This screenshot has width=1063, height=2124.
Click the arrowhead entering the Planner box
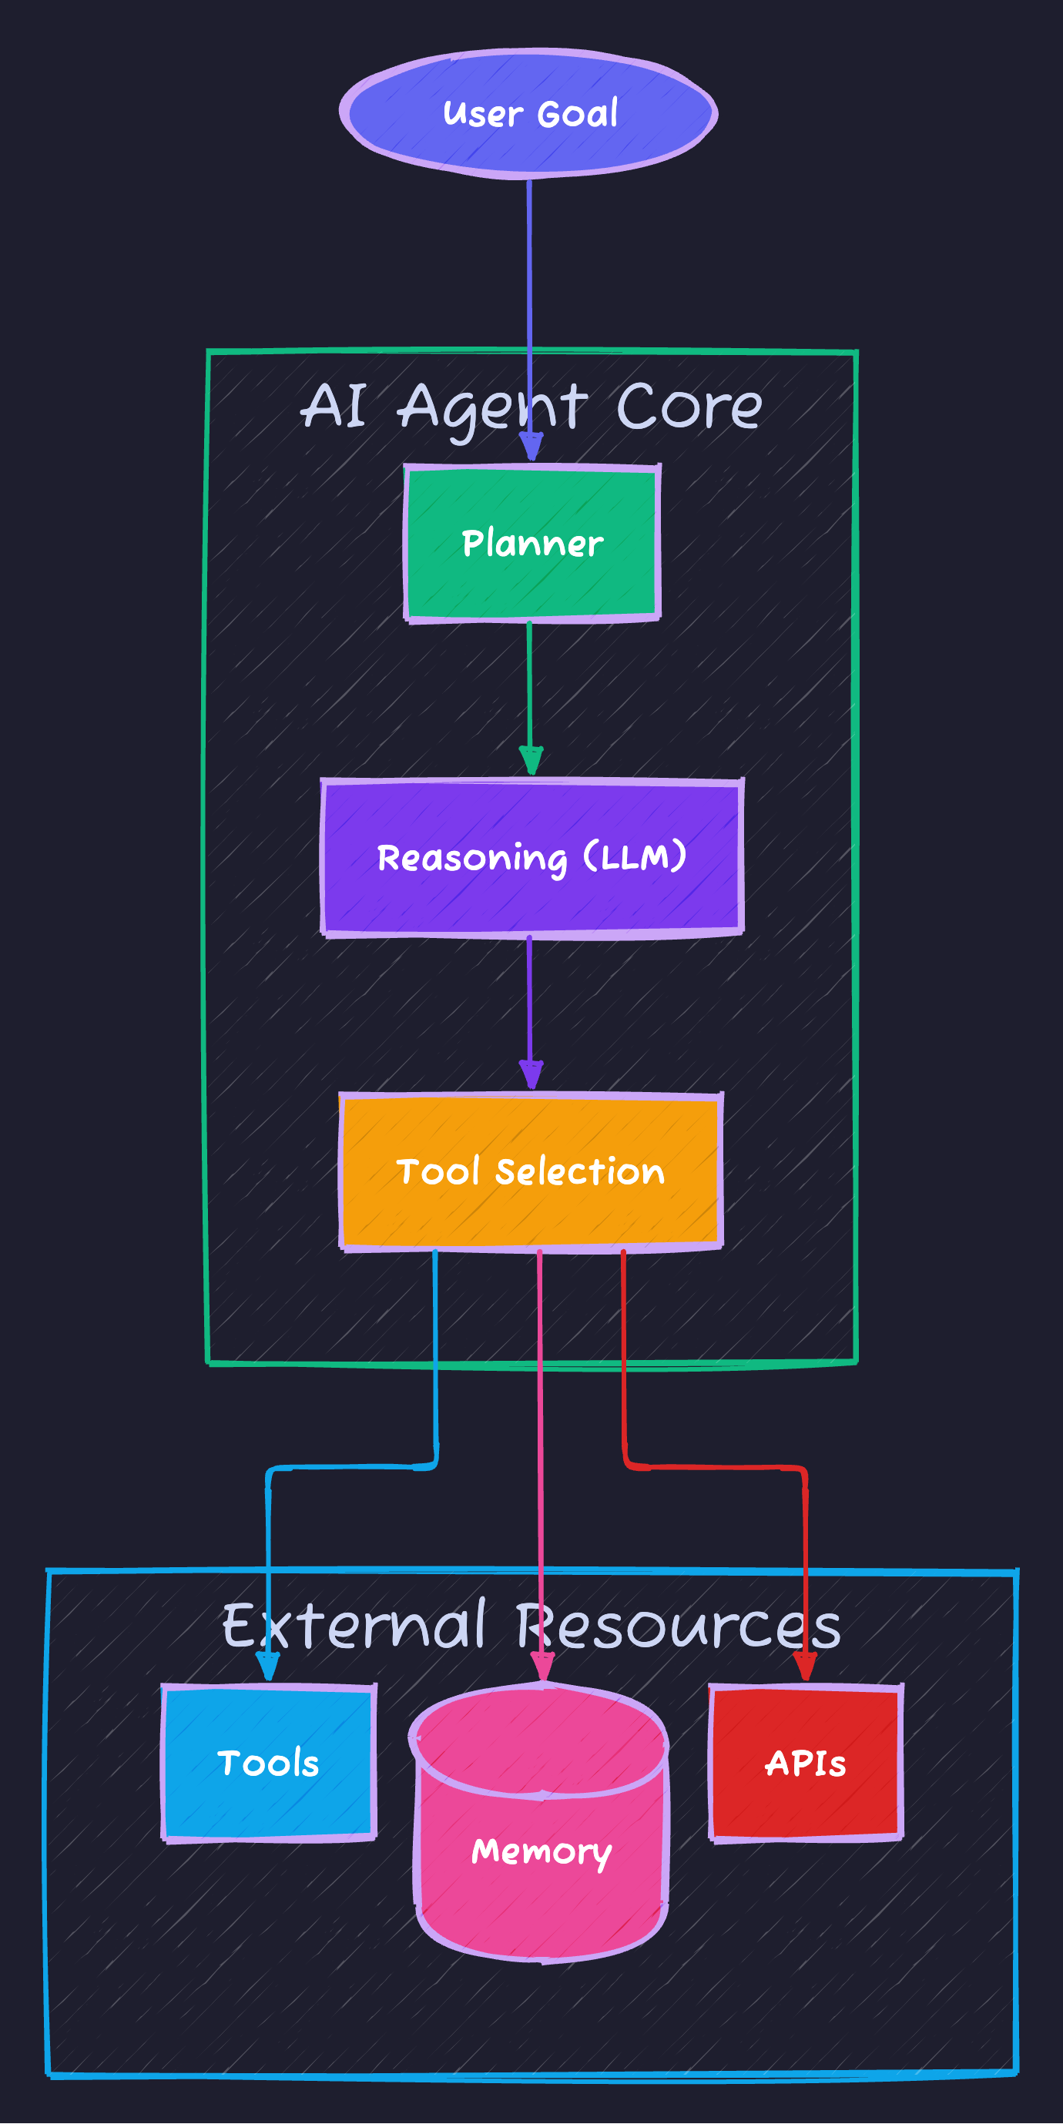(531, 447)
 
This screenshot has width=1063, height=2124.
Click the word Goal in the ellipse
(577, 113)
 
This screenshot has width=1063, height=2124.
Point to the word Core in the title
(689, 406)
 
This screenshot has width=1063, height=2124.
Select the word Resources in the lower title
(678, 1626)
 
